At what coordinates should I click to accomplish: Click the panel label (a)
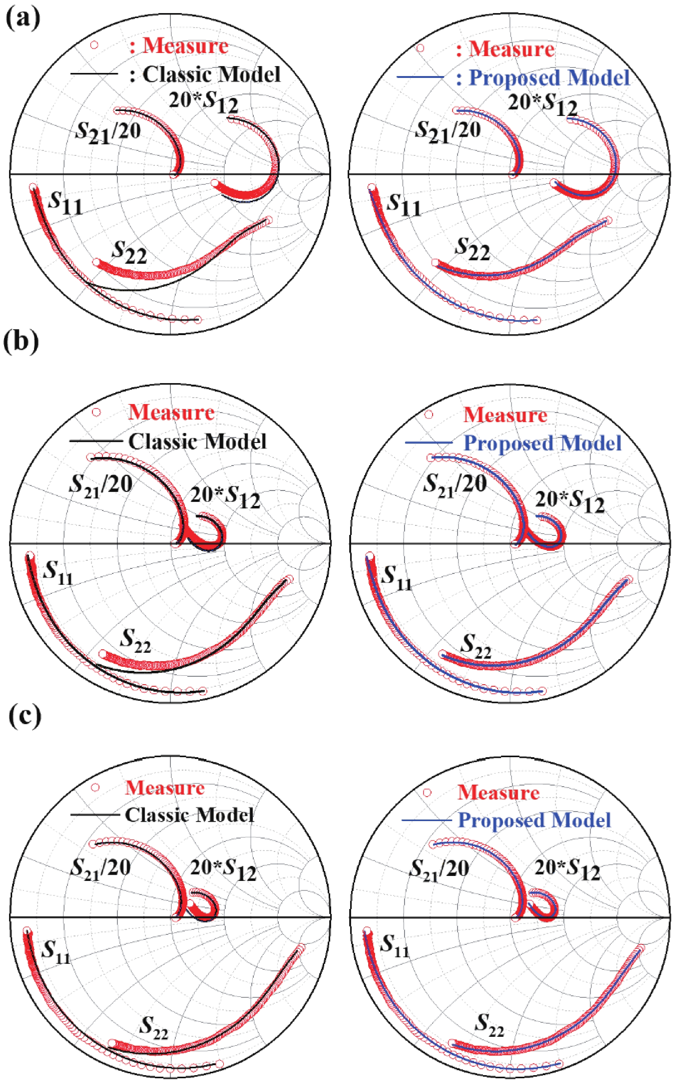tap(23, 18)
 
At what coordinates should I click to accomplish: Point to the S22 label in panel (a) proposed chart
tap(472, 249)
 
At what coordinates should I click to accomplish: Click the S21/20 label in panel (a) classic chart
tap(108, 132)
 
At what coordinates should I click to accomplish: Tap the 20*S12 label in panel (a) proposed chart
tap(542, 104)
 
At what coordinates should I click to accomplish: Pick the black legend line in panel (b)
tap(95, 441)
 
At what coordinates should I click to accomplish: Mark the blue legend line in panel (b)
tap(429, 443)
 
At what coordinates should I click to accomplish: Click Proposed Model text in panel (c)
tap(534, 820)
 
